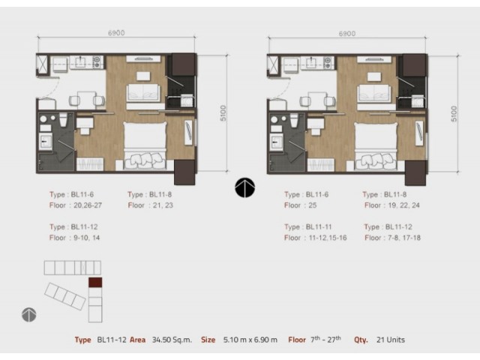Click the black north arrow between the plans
coord(245,187)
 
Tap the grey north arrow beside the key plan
coord(29,315)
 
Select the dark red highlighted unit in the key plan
coord(95,282)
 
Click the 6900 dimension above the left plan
coord(116,33)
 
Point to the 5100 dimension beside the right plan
coord(454,113)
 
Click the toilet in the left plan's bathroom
coord(63,120)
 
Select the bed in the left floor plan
coord(145,145)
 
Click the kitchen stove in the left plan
coord(97,62)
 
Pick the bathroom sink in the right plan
coord(277,142)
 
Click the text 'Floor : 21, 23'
coord(151,205)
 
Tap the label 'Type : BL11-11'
coord(308,227)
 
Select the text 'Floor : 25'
coord(300,205)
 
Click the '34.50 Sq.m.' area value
coord(172,340)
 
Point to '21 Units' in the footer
coord(391,340)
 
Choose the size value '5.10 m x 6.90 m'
coord(250,340)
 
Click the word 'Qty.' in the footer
coord(361,340)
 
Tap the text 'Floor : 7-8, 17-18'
coord(392,238)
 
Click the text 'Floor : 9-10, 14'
coord(75,238)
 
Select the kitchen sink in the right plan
coord(311,62)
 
